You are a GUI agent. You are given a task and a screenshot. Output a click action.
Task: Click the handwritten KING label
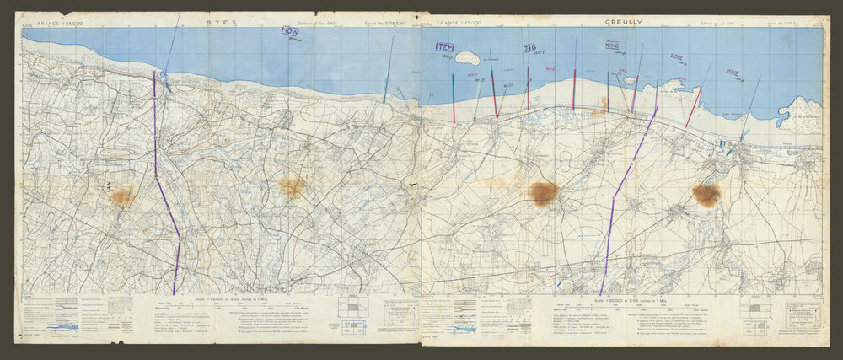pyautogui.click(x=613, y=46)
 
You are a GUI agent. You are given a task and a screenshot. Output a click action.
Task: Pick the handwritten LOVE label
pyautogui.click(x=677, y=57)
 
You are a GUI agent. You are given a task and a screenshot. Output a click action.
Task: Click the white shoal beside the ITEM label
pyautogui.click(x=466, y=58)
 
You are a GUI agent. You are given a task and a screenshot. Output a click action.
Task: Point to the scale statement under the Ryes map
pyautogui.click(x=209, y=300)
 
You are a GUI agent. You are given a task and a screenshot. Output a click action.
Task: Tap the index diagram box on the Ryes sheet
pyautogui.click(x=347, y=306)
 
